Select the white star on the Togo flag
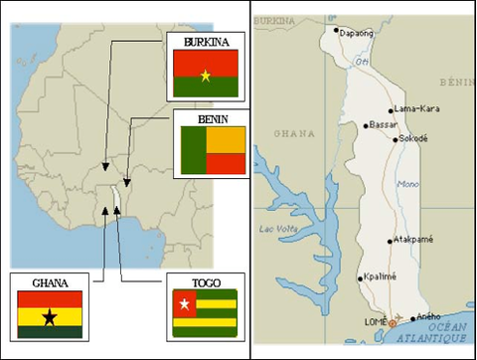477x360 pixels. (184, 301)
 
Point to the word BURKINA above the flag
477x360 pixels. (206, 42)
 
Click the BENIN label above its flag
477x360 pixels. (212, 118)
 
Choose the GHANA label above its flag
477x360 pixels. (50, 282)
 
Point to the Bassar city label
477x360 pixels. (386, 125)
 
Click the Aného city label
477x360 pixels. (429, 316)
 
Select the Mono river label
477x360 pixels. (407, 185)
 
